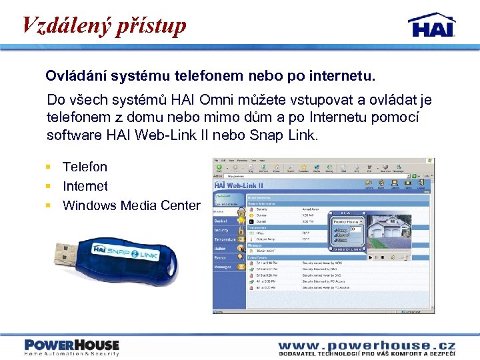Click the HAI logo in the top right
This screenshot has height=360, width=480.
coord(431,25)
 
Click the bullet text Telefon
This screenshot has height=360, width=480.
coord(85,167)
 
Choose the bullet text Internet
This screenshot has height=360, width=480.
coord(85,186)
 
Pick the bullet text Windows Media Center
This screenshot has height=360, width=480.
coord(131,205)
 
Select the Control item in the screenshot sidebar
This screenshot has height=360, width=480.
coord(221,221)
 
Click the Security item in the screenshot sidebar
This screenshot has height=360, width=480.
coord(221,230)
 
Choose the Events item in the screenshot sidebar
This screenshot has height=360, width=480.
coord(220,257)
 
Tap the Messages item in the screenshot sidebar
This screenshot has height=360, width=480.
coord(222,267)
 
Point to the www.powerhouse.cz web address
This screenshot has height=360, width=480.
coord(366,345)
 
